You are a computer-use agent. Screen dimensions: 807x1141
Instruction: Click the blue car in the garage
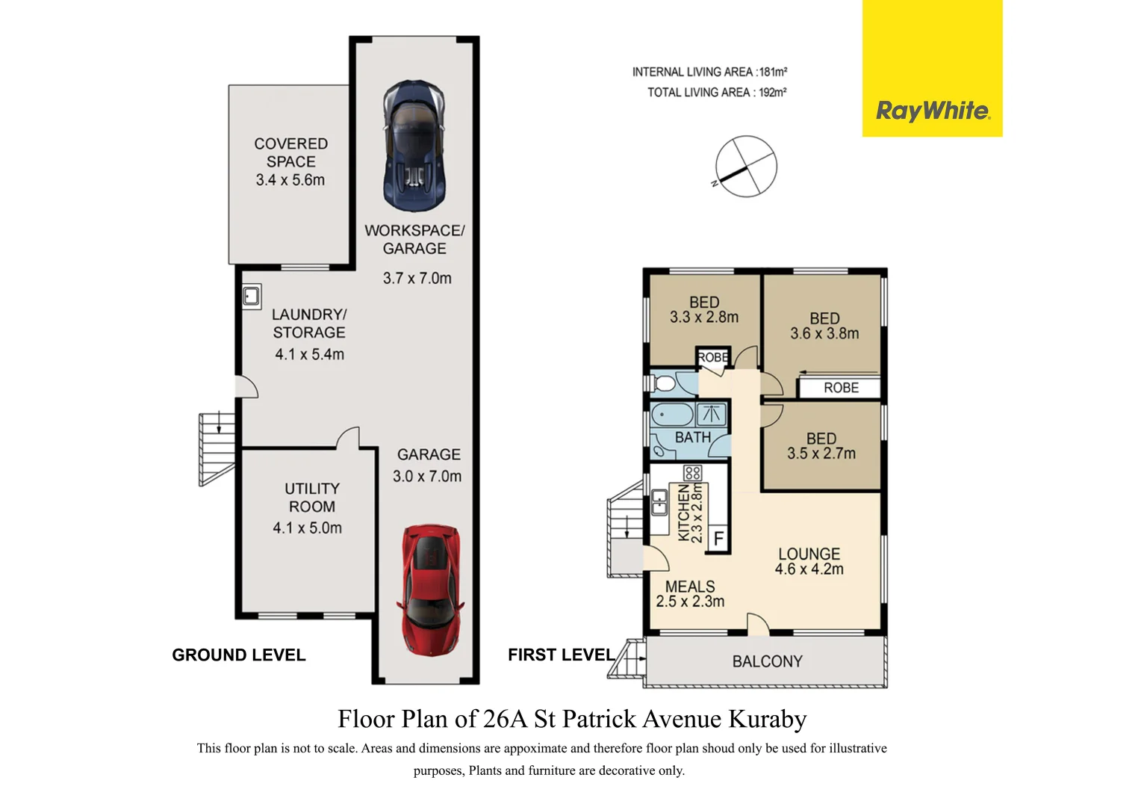414,146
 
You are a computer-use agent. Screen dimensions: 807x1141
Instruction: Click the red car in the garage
431,590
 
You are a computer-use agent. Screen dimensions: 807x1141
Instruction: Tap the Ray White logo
932,111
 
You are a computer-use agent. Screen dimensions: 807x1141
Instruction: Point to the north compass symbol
746,167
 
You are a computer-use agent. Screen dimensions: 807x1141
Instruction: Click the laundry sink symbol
252,297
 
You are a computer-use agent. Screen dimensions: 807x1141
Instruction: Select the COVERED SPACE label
290,152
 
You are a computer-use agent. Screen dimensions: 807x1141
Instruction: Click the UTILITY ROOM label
311,498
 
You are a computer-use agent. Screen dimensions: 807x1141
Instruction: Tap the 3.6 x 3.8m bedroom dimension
824,334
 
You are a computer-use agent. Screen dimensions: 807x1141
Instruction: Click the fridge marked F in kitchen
718,538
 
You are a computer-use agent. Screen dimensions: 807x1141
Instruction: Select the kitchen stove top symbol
692,473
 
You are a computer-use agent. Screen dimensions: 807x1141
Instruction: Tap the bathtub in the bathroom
672,415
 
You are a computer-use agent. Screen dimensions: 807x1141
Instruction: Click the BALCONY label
767,661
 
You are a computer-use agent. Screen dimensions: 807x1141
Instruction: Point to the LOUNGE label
809,554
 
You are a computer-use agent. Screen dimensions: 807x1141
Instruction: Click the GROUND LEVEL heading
238,655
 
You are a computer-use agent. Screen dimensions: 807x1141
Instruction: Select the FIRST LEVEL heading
561,655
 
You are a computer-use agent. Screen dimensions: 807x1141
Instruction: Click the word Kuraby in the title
767,719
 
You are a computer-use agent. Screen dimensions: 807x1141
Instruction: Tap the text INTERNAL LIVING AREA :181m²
709,72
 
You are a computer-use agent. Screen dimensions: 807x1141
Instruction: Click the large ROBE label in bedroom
841,388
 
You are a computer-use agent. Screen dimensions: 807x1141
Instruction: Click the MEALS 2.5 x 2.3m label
690,594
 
